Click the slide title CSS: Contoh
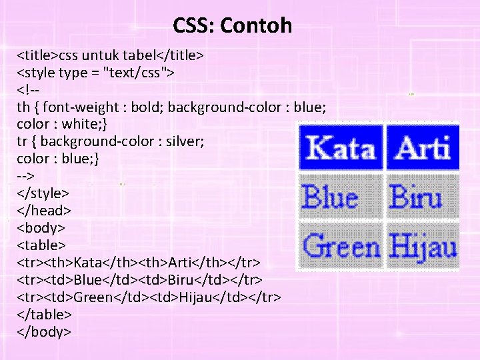click(232, 26)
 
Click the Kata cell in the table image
click(341, 147)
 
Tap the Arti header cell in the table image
click(423, 147)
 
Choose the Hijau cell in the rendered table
click(423, 246)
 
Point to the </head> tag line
click(42, 210)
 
